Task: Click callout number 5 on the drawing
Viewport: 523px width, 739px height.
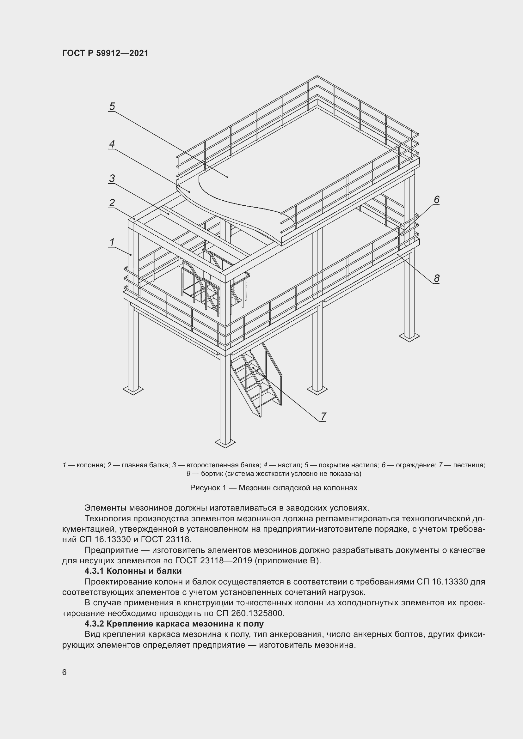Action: click(112, 106)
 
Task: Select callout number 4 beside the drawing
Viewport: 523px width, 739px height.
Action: click(112, 144)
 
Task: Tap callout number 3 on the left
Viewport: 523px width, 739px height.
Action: click(112, 178)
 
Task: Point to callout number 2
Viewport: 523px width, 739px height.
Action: click(112, 203)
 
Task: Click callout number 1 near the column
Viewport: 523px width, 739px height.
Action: click(112, 242)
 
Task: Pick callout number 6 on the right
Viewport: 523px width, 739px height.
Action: click(436, 200)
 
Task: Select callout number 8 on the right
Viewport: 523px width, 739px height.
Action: click(436, 278)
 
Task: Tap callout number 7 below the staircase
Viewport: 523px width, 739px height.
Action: click(323, 416)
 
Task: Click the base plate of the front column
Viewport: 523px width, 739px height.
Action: click(225, 444)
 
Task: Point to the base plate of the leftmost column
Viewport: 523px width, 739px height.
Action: click(133, 390)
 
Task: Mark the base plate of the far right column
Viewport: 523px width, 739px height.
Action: click(409, 337)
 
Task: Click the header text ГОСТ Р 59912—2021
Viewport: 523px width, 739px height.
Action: click(105, 53)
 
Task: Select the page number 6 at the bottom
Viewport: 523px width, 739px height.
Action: click(64, 672)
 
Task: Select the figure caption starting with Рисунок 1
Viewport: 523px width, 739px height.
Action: click(274, 488)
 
